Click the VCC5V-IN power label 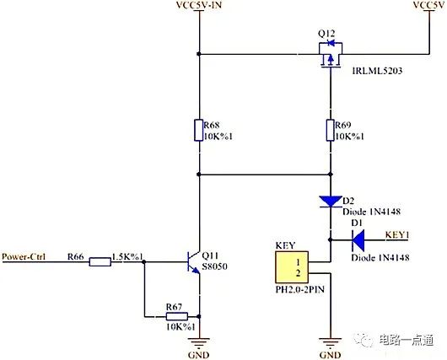[199, 5]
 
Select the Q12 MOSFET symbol [331, 55]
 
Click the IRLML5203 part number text [377, 71]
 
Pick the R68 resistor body [199, 131]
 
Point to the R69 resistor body [331, 131]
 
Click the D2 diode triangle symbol [331, 201]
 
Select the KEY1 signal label [397, 235]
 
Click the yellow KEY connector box [292, 266]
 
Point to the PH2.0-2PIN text [300, 289]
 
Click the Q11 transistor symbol [194, 262]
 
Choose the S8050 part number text [214, 266]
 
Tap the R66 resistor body [100, 261]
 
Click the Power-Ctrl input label [24, 256]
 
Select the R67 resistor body [177, 316]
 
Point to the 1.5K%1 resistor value [127, 256]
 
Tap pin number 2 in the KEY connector [298, 273]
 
